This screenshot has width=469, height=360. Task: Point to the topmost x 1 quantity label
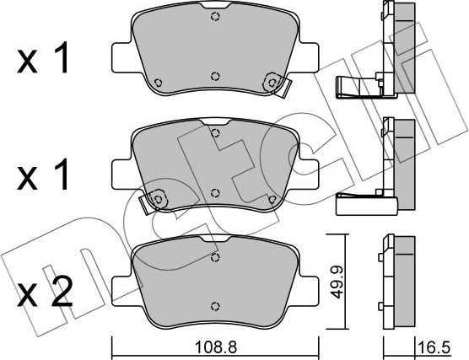(x=45, y=61)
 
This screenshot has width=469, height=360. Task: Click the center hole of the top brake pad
(x=215, y=73)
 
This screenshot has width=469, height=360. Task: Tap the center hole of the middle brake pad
(x=215, y=192)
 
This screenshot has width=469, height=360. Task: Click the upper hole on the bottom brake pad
(x=215, y=257)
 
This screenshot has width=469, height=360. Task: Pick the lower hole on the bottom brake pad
(x=215, y=307)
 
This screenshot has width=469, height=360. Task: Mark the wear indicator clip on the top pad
(x=274, y=81)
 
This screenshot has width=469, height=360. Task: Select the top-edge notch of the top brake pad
(x=215, y=16)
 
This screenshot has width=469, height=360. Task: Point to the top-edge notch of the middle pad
(x=215, y=132)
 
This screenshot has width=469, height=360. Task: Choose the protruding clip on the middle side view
(x=359, y=203)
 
